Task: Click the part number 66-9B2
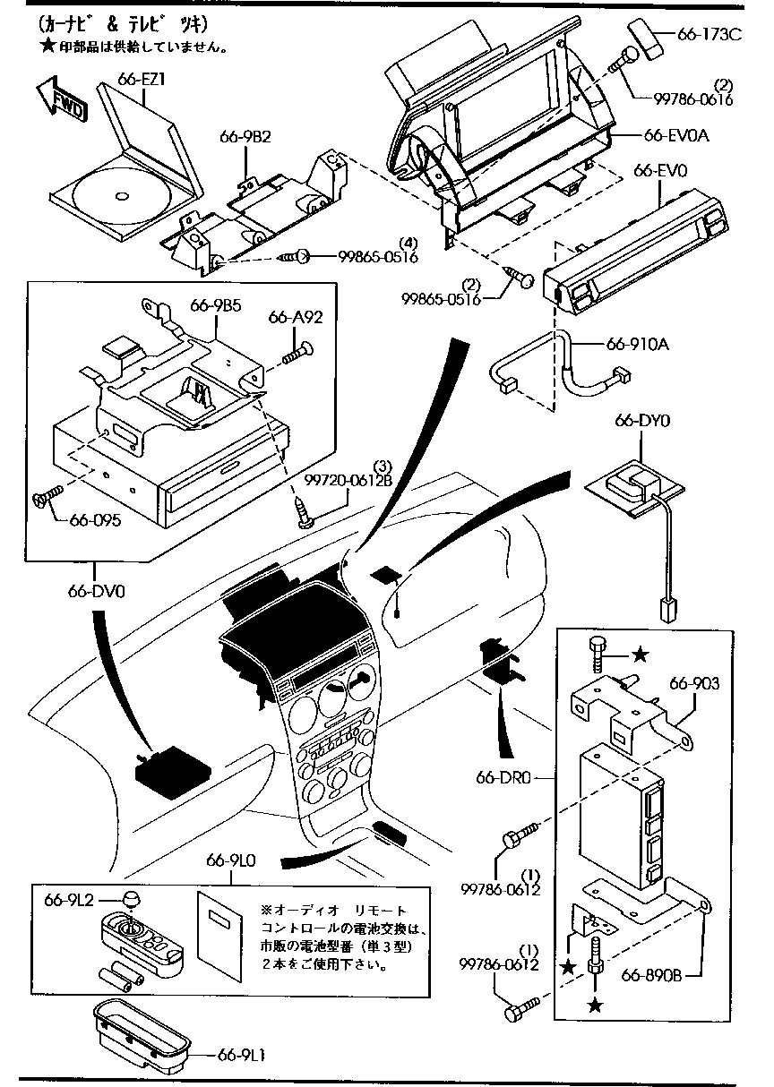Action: tap(245, 137)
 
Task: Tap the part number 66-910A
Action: tap(638, 343)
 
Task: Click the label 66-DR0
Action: tap(504, 777)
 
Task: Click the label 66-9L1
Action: tap(239, 1056)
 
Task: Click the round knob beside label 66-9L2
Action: tap(131, 898)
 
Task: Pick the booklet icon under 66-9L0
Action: tap(219, 932)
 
